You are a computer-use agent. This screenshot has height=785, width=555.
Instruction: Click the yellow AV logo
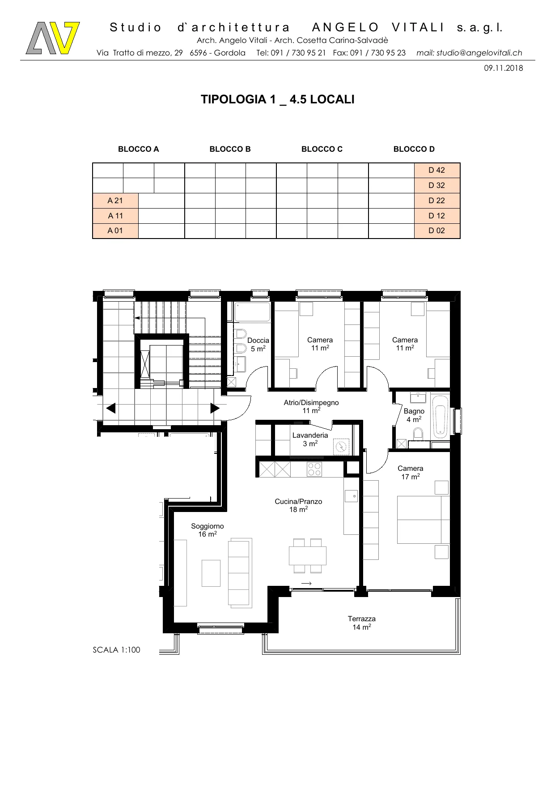(x=53, y=38)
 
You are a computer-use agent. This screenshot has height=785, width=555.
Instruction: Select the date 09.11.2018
(x=503, y=68)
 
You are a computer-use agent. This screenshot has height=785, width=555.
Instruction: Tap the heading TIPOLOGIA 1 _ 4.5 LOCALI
(x=277, y=99)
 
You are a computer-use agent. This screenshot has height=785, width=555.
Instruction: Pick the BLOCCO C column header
(x=322, y=149)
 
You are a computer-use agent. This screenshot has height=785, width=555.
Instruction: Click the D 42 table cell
(x=437, y=170)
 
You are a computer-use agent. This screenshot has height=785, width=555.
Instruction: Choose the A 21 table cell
(x=115, y=201)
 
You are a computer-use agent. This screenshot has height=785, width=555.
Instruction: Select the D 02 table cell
(x=437, y=230)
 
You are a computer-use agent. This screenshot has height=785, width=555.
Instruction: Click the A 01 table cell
(x=115, y=230)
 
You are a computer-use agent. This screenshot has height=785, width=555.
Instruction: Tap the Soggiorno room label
(x=208, y=530)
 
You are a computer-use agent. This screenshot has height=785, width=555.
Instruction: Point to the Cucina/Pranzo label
(x=298, y=505)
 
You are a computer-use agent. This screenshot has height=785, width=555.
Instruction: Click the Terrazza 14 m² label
(x=362, y=623)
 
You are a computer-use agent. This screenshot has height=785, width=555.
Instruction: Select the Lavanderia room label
(x=310, y=439)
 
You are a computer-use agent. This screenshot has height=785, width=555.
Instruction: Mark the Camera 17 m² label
(x=411, y=472)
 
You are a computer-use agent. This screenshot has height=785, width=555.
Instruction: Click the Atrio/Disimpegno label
(x=311, y=406)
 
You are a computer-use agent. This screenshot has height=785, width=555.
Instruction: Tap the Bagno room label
(x=414, y=415)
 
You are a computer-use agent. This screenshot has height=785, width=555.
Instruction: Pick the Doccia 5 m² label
(x=258, y=344)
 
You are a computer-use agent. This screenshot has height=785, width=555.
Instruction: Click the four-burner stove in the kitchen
(x=314, y=469)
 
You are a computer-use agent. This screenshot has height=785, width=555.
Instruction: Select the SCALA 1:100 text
(x=116, y=650)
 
